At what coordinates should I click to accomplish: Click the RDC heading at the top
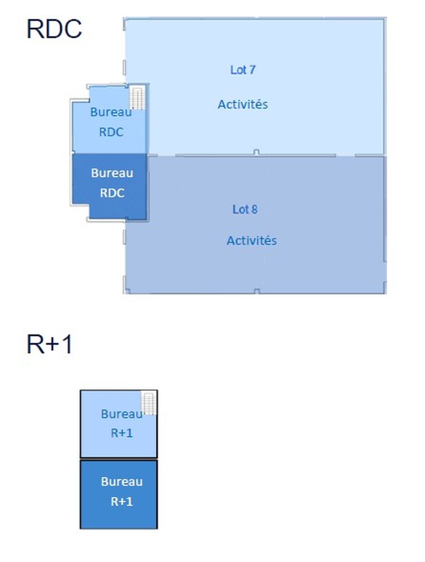point(54,29)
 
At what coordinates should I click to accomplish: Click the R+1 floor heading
point(50,345)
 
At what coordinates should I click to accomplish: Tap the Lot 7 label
point(243,70)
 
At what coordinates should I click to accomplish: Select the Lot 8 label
point(245,209)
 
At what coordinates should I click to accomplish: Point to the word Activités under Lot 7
point(243,104)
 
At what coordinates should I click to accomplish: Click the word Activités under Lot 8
point(252,241)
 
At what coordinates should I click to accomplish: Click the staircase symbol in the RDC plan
point(137,98)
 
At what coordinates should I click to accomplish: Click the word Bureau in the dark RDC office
point(112,173)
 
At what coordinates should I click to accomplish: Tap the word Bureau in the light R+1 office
point(121,414)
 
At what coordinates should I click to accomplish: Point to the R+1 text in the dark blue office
point(121,502)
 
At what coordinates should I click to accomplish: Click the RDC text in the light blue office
point(111,132)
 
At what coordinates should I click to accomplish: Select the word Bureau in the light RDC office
point(111,112)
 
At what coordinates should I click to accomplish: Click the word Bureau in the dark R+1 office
point(121,481)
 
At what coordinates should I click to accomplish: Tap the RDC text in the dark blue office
point(112,192)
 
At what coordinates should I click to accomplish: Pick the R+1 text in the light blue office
point(121,433)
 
